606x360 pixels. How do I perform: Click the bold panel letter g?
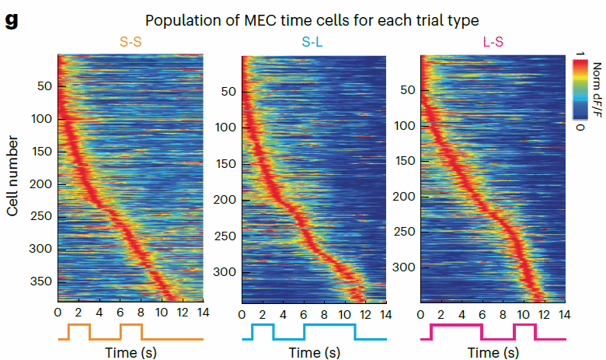click(11, 19)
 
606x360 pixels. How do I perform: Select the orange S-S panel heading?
click(130, 42)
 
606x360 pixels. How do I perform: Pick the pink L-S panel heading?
click(492, 42)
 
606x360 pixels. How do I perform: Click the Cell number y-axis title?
click(13, 164)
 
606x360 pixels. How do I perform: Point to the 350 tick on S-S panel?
click(43, 281)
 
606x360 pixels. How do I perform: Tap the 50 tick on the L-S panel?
click(406, 90)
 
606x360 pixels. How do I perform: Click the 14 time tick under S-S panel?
click(202, 313)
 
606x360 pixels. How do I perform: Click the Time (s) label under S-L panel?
click(313, 352)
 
